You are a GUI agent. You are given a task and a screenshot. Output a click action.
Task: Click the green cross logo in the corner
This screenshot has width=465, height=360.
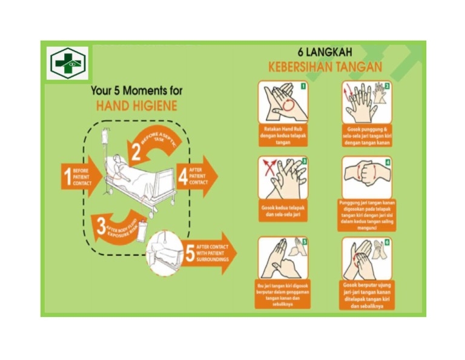[68, 62]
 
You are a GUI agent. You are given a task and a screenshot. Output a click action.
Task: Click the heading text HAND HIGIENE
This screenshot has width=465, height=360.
[136, 106]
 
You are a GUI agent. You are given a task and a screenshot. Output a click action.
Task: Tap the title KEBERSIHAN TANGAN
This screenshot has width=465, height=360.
[325, 67]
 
